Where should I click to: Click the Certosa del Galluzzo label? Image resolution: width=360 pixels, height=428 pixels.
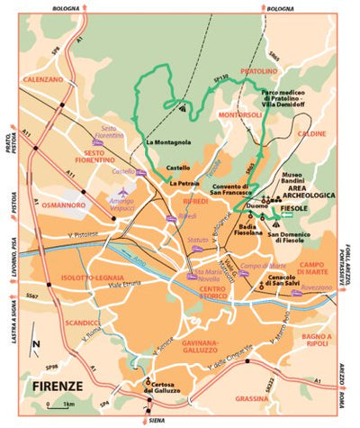[169, 387]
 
